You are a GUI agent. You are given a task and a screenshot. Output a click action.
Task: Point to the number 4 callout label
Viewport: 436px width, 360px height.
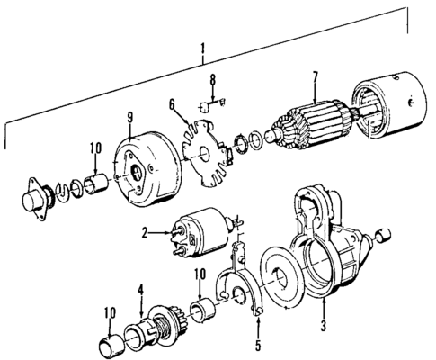[x=140, y=291]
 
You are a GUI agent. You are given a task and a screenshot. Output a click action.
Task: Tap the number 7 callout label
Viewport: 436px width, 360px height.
[x=314, y=88]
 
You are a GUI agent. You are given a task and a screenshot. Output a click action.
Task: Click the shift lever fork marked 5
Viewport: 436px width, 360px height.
[x=245, y=278]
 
